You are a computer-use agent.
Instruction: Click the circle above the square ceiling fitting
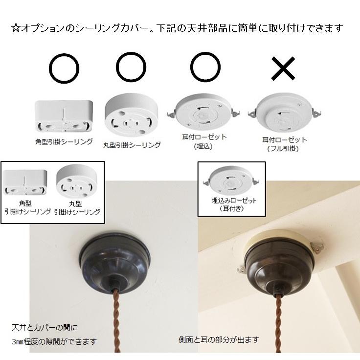(65, 68)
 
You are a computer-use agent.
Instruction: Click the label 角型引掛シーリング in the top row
(64, 142)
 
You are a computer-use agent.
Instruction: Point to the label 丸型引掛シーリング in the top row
(132, 145)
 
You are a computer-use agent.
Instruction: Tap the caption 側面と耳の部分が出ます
(218, 339)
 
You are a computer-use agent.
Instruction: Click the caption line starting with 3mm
(54, 341)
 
